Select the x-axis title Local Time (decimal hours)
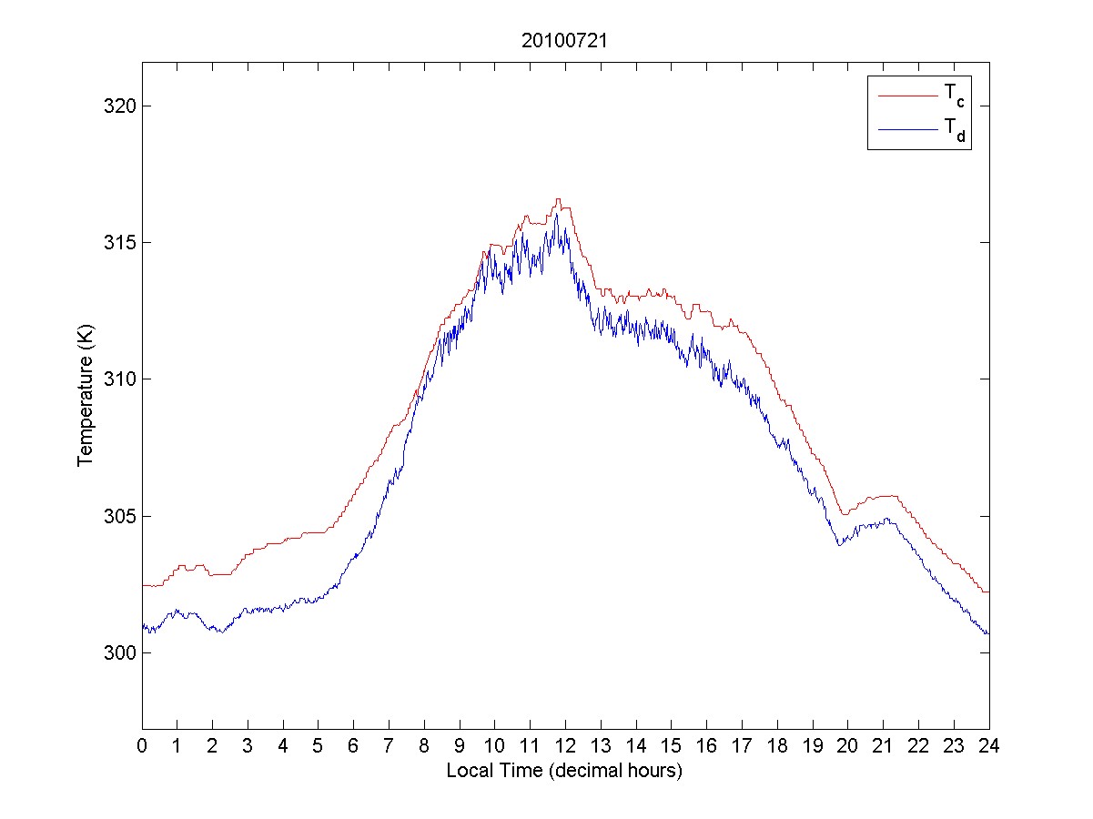[564, 771]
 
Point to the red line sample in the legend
[907, 94]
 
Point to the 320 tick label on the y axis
[119, 106]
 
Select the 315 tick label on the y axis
[119, 242]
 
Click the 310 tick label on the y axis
[119, 379]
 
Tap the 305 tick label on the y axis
[119, 516]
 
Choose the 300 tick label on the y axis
[119, 652]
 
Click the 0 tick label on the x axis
[142, 745]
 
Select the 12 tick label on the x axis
[565, 745]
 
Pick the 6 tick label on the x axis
[354, 745]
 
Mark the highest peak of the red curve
[558, 199]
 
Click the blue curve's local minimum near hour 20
[839, 544]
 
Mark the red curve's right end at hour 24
[988, 591]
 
